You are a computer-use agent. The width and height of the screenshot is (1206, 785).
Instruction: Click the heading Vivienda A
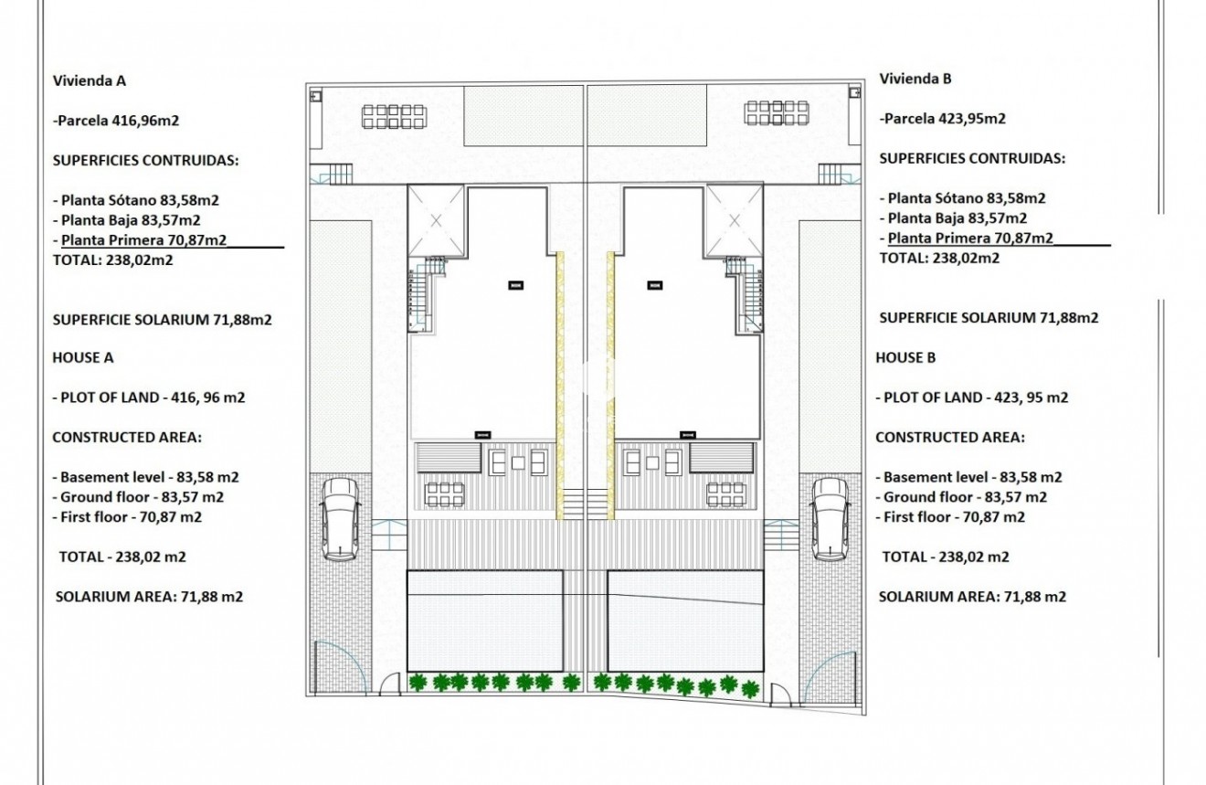click(89, 80)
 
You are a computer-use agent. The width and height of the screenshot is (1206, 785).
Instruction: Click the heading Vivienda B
click(915, 79)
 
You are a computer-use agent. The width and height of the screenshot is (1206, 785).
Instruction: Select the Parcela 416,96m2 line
click(122, 120)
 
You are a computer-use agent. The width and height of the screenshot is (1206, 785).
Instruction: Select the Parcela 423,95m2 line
click(943, 118)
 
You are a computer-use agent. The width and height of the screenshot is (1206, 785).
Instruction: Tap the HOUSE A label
click(82, 358)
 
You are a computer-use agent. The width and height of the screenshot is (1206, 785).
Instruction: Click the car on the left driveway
click(340, 518)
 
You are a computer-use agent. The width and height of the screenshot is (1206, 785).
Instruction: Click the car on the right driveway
click(830, 518)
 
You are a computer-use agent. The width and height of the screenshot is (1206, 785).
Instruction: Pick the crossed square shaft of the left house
click(436, 220)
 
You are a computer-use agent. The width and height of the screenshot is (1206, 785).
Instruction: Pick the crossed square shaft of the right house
click(734, 220)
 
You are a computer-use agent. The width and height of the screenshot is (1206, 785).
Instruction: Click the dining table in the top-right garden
click(776, 113)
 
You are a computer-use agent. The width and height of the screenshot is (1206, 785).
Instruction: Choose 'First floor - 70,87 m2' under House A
click(127, 517)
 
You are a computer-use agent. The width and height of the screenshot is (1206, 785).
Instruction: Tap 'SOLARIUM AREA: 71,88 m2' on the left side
click(149, 597)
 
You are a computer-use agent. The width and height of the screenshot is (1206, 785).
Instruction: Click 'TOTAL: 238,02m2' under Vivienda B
click(938, 259)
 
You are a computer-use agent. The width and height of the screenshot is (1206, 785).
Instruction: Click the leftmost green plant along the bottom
click(420, 681)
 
